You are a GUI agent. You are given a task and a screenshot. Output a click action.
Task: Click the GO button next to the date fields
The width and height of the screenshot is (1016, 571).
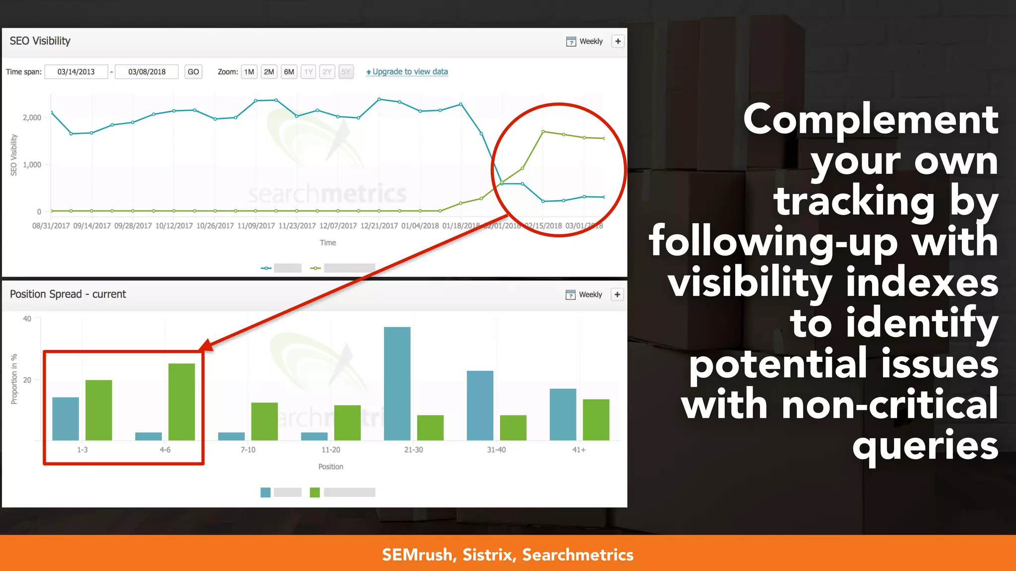(193, 72)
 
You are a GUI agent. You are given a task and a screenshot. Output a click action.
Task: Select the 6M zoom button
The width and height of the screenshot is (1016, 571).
(289, 72)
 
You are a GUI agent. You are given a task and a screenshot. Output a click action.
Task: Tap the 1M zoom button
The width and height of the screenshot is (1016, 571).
(249, 72)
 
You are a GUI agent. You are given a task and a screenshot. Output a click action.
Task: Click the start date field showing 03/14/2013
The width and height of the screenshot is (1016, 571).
(76, 72)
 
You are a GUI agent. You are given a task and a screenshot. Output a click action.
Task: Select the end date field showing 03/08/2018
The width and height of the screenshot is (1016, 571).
(147, 72)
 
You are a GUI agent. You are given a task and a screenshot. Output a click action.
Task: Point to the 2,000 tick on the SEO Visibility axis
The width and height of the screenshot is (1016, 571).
(32, 117)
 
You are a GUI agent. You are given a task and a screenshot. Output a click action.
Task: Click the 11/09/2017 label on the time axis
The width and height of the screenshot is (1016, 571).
(256, 226)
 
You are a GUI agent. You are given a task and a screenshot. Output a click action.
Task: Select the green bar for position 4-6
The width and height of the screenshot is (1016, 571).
(182, 401)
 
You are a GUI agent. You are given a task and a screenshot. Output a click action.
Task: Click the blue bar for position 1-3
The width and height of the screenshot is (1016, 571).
(65, 418)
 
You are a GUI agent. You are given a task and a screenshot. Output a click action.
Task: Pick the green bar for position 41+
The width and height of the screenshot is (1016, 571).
(596, 419)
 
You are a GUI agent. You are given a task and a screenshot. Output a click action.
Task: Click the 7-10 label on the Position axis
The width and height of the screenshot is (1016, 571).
(248, 450)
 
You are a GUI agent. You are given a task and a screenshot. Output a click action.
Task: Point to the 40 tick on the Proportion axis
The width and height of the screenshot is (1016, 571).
(27, 319)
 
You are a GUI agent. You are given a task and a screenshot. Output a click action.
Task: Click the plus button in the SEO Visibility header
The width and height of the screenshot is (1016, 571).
(618, 42)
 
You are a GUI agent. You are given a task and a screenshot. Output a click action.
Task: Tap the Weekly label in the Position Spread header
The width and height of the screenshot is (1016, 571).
(590, 295)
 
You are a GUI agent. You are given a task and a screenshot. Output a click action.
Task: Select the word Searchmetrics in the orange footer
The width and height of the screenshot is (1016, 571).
(577, 555)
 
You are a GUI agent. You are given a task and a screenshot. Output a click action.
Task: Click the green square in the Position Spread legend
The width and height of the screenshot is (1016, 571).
(315, 492)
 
